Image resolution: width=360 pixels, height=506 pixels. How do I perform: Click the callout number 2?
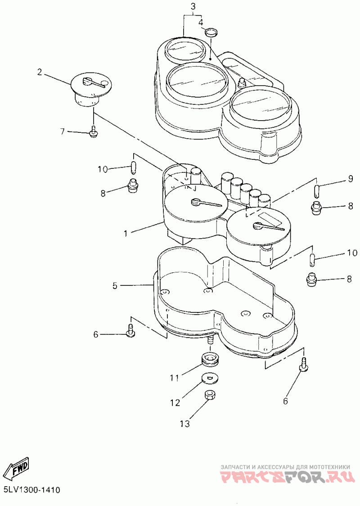click(40, 72)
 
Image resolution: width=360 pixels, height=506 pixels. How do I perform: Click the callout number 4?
click(201, 22)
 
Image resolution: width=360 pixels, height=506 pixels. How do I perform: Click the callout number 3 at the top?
click(193, 6)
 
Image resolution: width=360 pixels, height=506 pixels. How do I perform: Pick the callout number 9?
click(350, 180)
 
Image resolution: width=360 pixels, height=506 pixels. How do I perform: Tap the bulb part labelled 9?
click(316, 190)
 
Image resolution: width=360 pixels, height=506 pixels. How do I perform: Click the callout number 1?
click(126, 233)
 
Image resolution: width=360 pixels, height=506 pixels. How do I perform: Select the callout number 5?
click(115, 285)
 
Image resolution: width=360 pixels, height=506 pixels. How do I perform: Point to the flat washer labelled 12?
click(208, 377)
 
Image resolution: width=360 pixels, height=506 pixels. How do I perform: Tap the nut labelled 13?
click(209, 396)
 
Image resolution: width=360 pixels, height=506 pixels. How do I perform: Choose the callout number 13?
click(185, 423)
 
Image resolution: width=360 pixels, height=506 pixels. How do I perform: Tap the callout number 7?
click(63, 131)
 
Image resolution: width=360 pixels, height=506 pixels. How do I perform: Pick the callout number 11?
click(174, 377)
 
